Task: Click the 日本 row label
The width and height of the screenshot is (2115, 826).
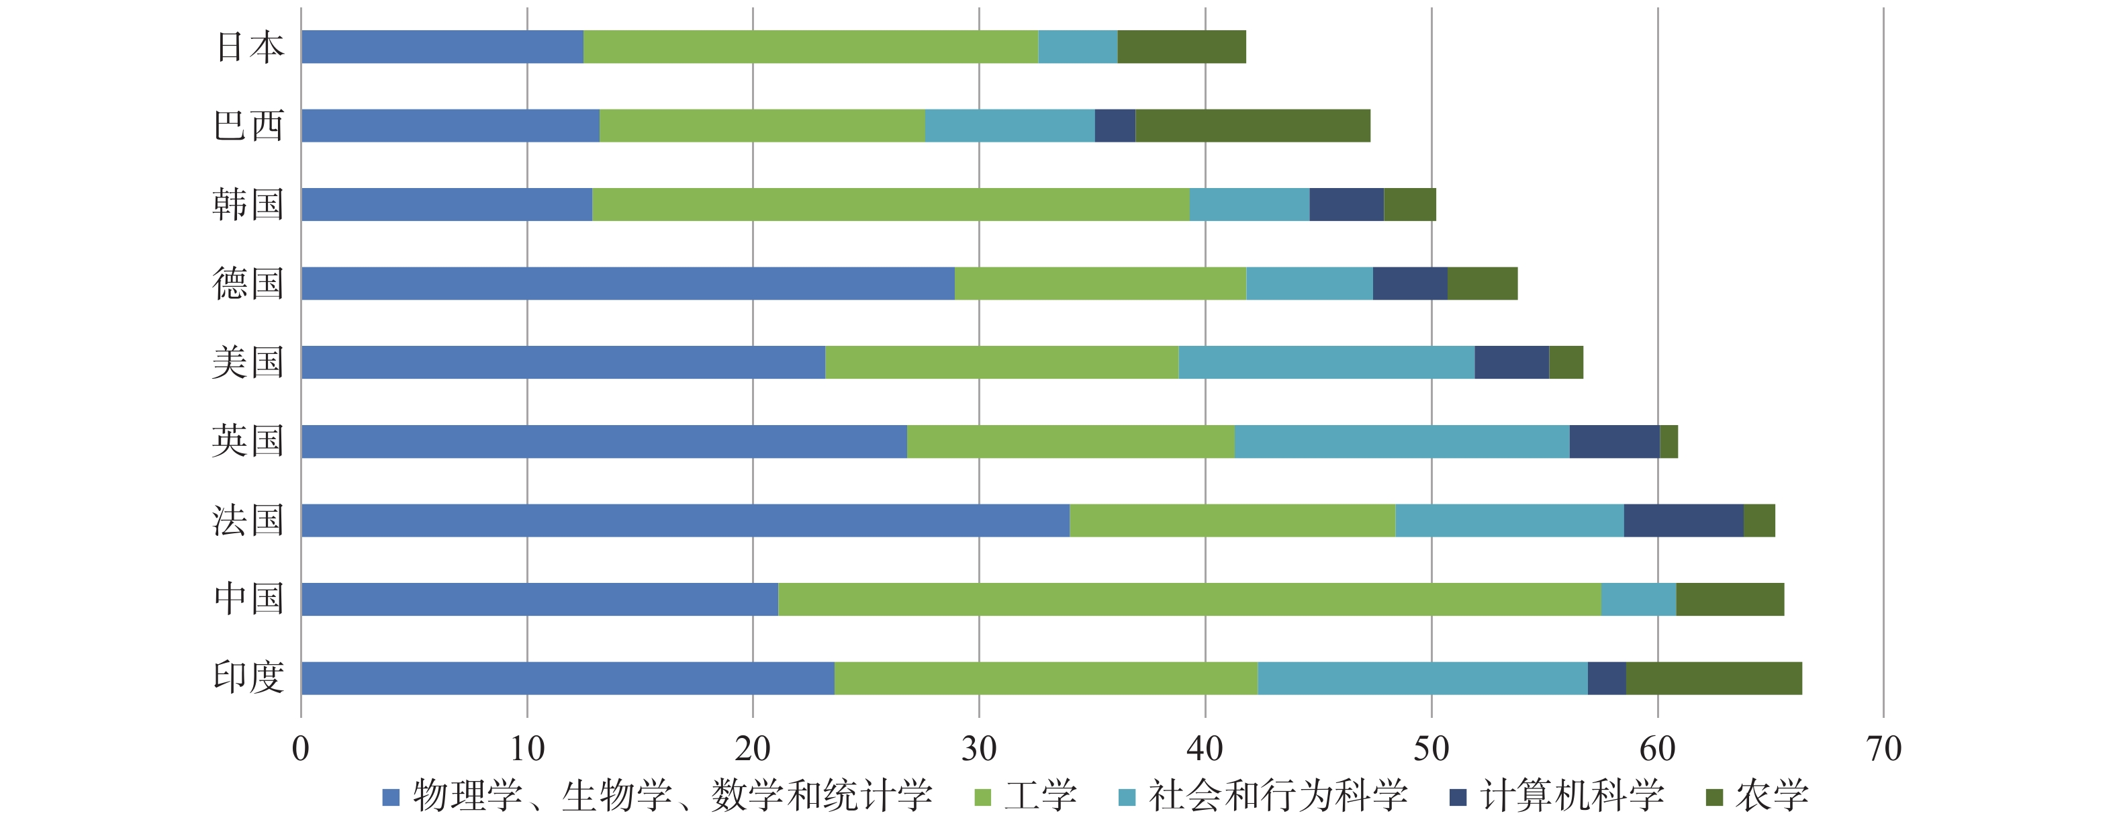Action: (250, 47)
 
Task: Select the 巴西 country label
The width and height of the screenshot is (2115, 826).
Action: (249, 126)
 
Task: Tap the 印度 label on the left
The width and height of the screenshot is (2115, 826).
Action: (249, 678)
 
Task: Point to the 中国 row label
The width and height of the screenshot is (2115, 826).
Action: (249, 600)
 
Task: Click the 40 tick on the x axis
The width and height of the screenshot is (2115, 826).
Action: (1205, 749)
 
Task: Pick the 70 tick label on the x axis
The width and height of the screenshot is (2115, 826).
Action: (1883, 749)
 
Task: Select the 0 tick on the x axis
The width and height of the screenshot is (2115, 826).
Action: (301, 749)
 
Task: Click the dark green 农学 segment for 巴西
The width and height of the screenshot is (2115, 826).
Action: (1252, 126)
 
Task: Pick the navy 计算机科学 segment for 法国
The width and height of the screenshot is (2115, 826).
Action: (1683, 520)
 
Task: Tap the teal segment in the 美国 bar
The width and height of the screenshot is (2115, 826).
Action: (1326, 362)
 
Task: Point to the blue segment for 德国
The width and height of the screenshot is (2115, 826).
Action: (627, 283)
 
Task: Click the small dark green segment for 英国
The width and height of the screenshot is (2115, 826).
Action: (1668, 442)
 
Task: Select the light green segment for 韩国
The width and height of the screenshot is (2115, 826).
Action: (890, 204)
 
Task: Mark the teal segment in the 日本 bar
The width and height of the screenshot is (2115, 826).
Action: (1077, 47)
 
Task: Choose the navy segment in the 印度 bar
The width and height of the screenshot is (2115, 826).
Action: (1606, 678)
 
